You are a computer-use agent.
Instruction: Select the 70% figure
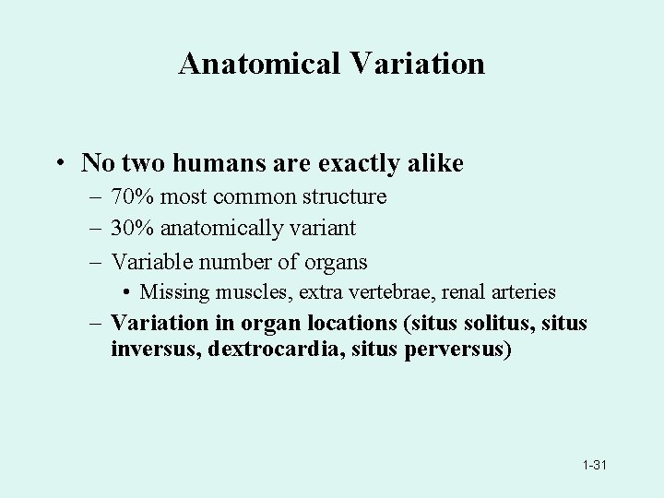tap(129, 196)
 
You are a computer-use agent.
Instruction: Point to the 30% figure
tap(129, 227)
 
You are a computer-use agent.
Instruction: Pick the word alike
tap(433, 163)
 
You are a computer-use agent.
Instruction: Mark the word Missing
tap(173, 292)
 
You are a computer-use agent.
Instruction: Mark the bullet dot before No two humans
tap(58, 164)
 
